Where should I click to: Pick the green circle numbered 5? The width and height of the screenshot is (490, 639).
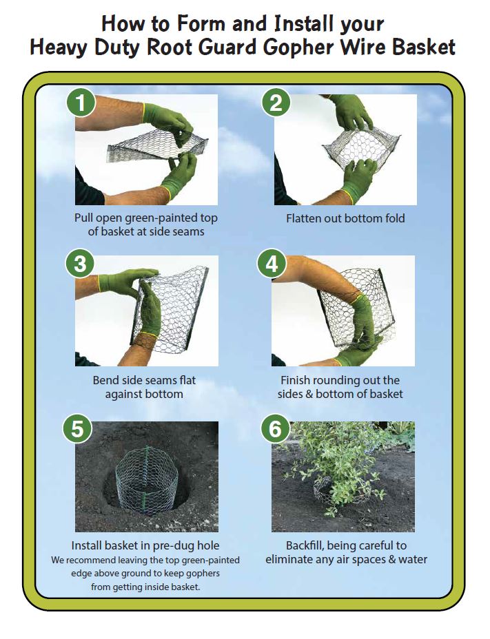click(x=79, y=428)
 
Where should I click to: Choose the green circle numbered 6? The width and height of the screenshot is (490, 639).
click(x=275, y=428)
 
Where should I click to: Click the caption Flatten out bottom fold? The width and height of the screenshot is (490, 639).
click(x=345, y=218)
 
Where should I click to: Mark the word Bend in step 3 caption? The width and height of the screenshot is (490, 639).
click(x=105, y=380)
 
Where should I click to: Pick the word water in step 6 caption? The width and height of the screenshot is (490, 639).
click(x=412, y=559)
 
